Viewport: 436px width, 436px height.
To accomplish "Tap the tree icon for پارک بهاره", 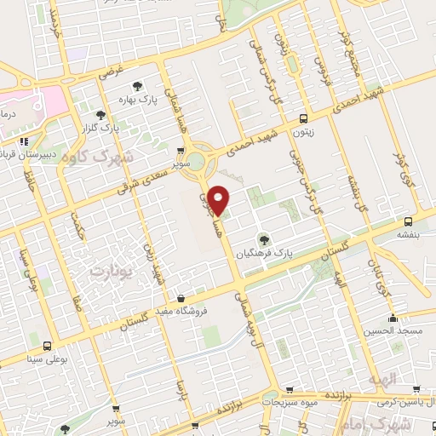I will pyautogui.click(x=137, y=85).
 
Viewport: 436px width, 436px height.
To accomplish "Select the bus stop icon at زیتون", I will pyautogui.click(x=305, y=119).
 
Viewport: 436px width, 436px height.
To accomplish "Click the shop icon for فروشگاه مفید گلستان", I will pyautogui.click(x=181, y=299).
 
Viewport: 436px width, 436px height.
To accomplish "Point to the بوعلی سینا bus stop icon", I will pyautogui.click(x=46, y=346).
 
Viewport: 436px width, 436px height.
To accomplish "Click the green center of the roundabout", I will pyautogui.click(x=197, y=161).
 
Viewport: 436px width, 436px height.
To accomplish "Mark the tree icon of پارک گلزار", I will pyautogui.click(x=101, y=114).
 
